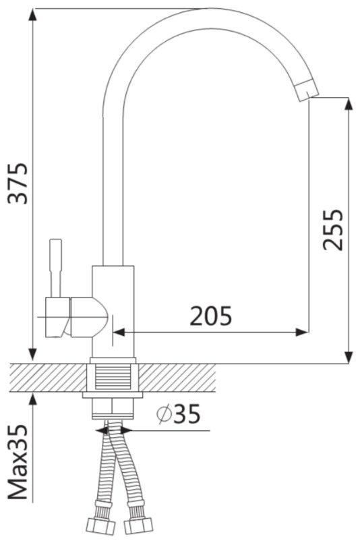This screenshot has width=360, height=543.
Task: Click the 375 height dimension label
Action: pyautogui.click(x=18, y=183)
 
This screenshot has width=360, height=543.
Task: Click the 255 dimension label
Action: pyautogui.click(x=332, y=229)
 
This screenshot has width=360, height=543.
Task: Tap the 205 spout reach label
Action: pyautogui.click(x=210, y=316)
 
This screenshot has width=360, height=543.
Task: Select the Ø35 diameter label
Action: pyautogui.click(x=178, y=414)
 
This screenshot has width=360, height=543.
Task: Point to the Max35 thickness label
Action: pyautogui.click(x=18, y=462)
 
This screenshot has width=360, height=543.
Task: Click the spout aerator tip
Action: pyautogui.click(x=306, y=90)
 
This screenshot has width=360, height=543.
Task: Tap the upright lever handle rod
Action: pyautogui.click(x=56, y=268)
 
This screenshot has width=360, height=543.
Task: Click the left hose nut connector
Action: pyautogui.click(x=100, y=525)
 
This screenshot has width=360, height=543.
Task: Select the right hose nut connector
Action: pyautogui.click(x=138, y=525)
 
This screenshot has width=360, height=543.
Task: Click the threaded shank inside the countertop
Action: pyautogui.click(x=113, y=377)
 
